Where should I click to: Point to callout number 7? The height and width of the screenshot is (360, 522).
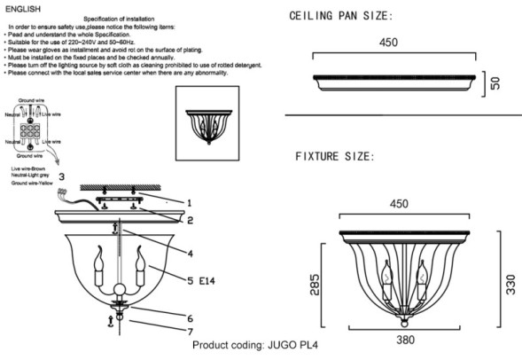187,332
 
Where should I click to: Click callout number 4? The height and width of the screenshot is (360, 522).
189,252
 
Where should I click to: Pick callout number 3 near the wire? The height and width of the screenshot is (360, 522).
61,177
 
